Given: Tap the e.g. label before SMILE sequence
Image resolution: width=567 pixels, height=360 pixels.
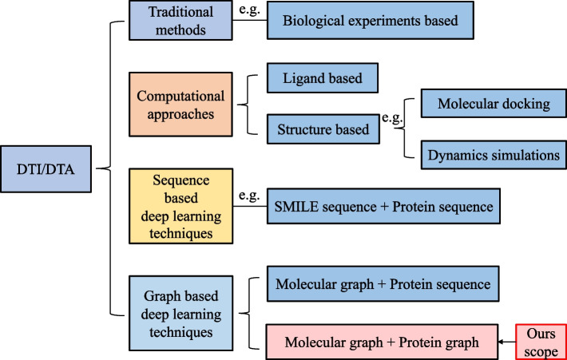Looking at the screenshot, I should coord(250,195).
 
